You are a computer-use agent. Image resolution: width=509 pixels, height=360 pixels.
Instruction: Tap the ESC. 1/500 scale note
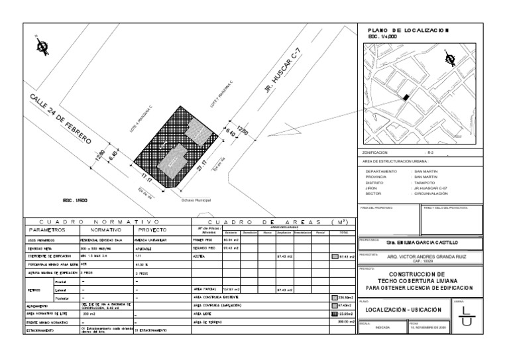coord(74,199)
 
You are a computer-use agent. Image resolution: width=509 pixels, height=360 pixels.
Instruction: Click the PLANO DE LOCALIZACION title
coord(408,30)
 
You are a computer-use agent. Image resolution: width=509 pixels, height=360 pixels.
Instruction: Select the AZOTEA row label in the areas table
coord(199,255)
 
